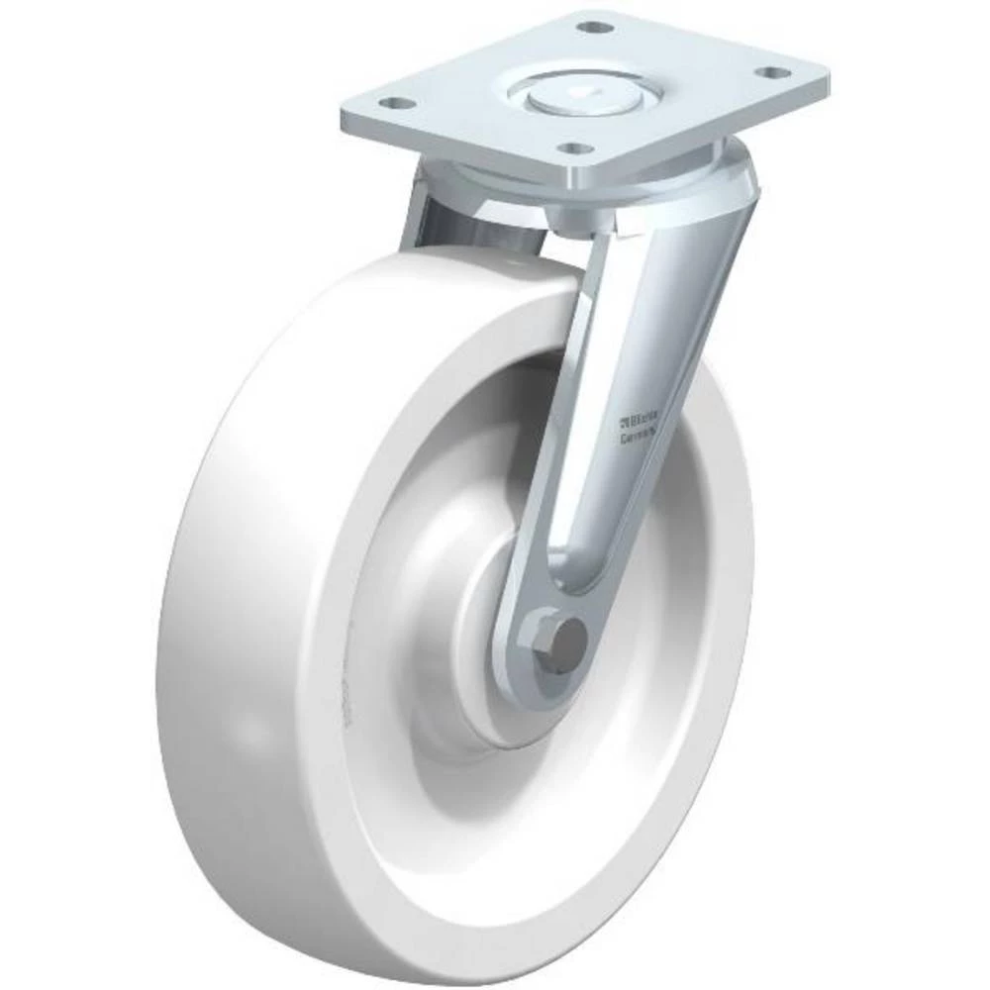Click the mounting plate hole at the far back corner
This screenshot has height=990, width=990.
(591, 27)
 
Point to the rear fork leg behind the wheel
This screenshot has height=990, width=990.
(421, 213)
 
